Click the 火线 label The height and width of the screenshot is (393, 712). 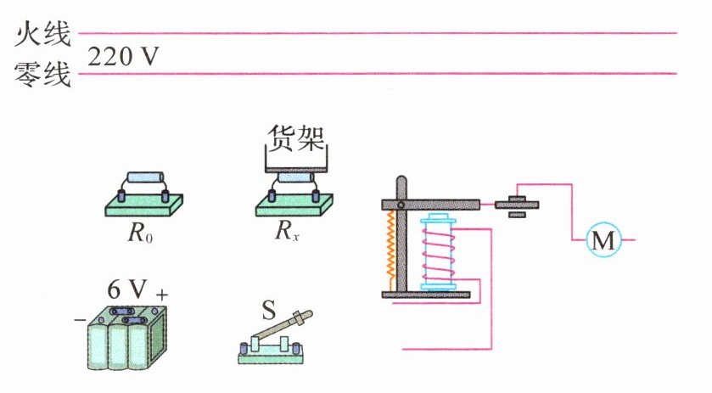coord(43,34)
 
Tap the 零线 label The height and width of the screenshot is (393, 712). coord(43,74)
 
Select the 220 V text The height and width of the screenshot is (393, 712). coord(123,57)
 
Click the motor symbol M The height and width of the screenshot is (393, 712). coord(603,240)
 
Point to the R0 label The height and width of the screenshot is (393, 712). coord(140,233)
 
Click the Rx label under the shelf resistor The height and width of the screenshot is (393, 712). coord(287,231)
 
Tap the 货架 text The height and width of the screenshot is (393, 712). coord(296,138)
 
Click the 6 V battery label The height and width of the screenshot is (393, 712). coord(127,289)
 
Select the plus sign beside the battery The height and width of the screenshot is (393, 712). coord(161,295)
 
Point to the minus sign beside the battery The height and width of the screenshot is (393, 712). coord(80,320)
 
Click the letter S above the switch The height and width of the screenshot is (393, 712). coord(269,311)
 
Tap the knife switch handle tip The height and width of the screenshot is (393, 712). coord(308,314)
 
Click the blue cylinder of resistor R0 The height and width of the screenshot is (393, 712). coord(145,177)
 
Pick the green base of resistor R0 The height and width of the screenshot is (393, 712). coord(144,205)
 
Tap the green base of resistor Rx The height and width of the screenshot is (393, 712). coord(294,205)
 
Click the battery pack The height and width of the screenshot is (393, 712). coord(127,337)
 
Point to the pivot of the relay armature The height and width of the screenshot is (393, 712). coord(401,205)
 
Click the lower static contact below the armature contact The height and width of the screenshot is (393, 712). coord(516,215)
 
